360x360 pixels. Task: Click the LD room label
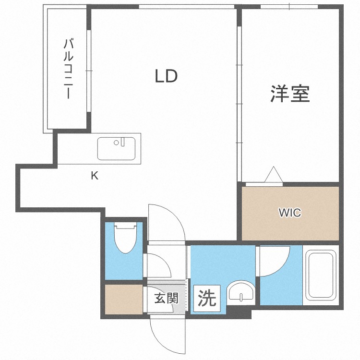click(x=167, y=76)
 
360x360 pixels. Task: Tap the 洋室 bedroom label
click(x=290, y=94)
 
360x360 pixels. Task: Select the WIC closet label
click(x=290, y=213)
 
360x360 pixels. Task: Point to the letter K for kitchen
click(x=95, y=176)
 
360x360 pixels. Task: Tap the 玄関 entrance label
click(x=166, y=298)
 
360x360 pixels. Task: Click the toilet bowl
click(x=126, y=238)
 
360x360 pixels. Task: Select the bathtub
click(x=323, y=275)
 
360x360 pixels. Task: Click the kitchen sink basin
click(x=116, y=148)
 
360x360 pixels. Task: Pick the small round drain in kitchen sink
click(x=116, y=143)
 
